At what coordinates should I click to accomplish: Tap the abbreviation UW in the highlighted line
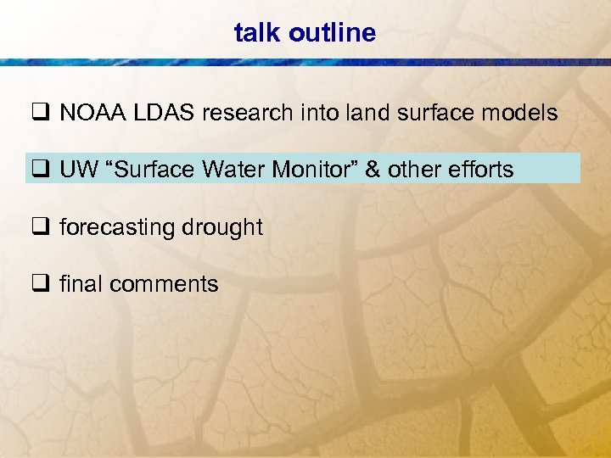[x=77, y=170]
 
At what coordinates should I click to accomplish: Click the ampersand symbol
[x=373, y=170]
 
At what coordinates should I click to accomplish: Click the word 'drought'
[x=222, y=228]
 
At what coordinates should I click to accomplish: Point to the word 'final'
[x=80, y=284]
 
